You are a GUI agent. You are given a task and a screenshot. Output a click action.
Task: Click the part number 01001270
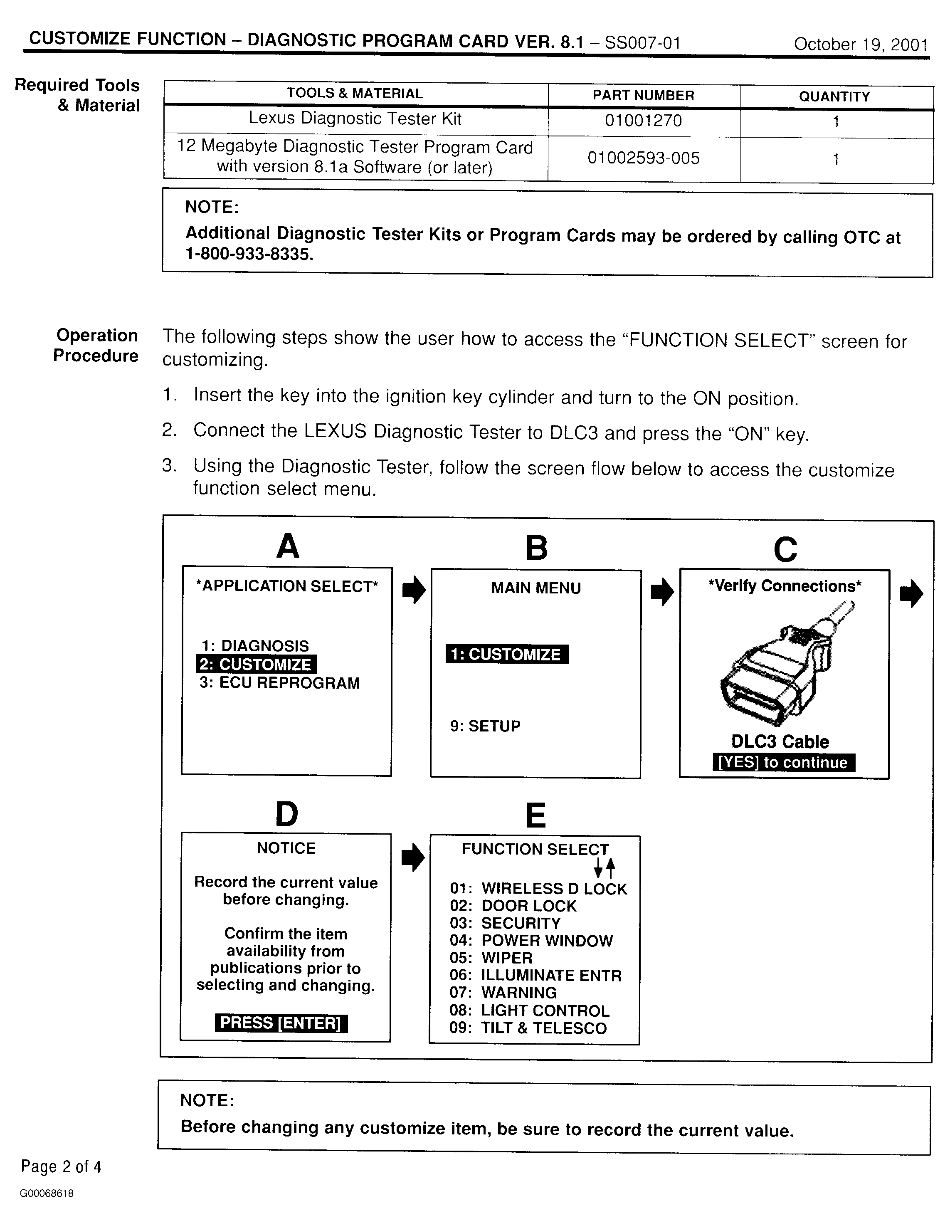(643, 120)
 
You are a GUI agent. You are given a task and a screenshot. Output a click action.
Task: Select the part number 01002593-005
(643, 158)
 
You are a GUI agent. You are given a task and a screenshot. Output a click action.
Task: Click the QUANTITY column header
(834, 97)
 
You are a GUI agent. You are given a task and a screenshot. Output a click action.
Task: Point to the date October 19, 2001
(860, 44)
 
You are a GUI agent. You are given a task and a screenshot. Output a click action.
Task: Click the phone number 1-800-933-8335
(249, 254)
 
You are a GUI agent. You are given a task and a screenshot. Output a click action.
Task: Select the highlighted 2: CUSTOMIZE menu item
(256, 664)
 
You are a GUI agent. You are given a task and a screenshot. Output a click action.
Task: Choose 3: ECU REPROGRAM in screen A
(279, 683)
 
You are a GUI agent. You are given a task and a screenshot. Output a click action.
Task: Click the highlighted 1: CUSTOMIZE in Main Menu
(506, 655)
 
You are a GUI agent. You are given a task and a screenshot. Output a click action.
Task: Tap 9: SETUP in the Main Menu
(485, 726)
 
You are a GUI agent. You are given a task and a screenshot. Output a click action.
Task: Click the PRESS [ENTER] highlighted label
(281, 1023)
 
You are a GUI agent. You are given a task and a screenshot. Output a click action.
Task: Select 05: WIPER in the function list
(491, 958)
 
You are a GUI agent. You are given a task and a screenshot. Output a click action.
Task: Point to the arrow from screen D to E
(412, 857)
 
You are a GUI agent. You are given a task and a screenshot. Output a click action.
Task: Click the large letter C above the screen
(785, 549)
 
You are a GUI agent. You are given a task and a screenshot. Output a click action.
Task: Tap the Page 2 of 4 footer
(61, 1167)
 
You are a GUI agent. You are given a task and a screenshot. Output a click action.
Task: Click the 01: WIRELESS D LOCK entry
(538, 889)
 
